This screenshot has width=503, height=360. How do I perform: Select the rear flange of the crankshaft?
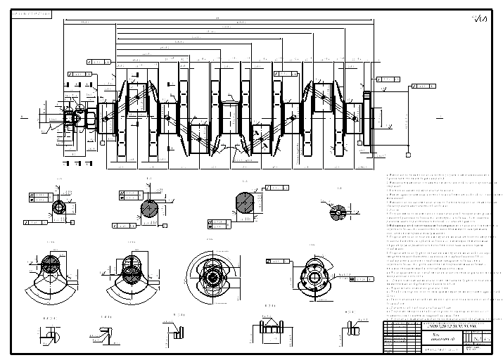[x=367, y=117]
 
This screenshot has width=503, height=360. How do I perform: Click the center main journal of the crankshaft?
[x=232, y=116]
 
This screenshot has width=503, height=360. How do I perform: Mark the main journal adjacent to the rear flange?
[x=350, y=117]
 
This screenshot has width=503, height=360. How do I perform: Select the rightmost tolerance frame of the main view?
[x=422, y=86]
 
